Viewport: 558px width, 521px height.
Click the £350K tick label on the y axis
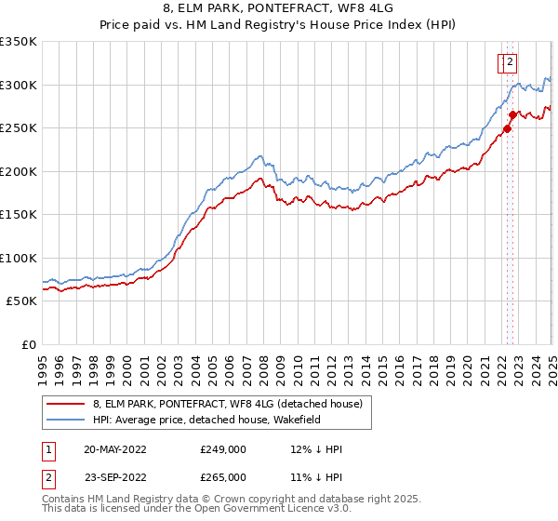[19, 42]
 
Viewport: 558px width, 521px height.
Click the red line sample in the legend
[64, 404]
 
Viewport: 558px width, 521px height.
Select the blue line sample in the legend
[64, 421]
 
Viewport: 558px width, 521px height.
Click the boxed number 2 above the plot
[511, 63]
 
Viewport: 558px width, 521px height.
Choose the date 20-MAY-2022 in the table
[114, 449]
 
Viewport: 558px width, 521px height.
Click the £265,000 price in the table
[222, 477]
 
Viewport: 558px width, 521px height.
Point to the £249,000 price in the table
[222, 449]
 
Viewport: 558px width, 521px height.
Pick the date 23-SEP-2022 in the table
[114, 477]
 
